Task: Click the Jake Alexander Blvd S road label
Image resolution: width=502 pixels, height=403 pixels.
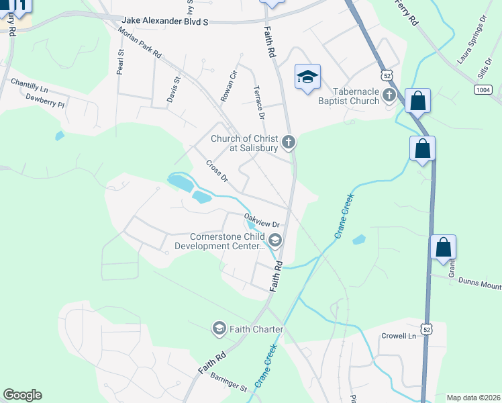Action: (165, 21)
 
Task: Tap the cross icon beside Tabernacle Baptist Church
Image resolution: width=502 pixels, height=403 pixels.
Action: (389, 97)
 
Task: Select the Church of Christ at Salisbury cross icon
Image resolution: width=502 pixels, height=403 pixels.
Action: (289, 142)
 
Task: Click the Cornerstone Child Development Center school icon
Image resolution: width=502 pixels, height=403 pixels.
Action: (274, 240)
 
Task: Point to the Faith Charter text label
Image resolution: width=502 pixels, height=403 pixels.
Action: (256, 329)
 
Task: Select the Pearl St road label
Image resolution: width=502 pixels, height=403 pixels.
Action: (121, 61)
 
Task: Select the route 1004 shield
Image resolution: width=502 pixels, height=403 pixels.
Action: (483, 89)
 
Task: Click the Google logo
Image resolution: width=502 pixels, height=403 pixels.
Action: (22, 395)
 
